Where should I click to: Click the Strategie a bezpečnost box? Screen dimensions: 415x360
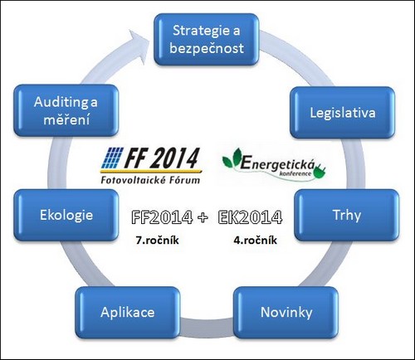[207, 40]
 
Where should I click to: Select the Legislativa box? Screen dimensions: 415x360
[343, 113]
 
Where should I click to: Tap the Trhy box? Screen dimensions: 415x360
[347, 215]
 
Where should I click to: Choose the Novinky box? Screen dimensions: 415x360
[286, 313]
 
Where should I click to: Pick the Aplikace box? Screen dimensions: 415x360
[128, 313]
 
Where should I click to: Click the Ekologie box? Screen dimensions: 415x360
[66, 215]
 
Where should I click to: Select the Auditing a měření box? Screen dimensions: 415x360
[66, 110]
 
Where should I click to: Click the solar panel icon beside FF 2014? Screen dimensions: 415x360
[111, 158]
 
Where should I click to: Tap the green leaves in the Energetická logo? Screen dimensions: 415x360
[232, 158]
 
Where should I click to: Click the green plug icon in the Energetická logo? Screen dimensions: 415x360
[320, 171]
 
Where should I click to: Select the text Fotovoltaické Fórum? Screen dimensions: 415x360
[150, 180]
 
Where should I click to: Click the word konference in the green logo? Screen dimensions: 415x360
[295, 173]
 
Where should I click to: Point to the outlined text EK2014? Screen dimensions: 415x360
[250, 217]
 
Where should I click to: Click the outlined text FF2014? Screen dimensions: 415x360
[162, 217]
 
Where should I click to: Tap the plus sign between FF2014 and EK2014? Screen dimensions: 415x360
[203, 217]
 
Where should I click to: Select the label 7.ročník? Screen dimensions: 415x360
[157, 240]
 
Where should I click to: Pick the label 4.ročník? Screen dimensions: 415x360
[255, 240]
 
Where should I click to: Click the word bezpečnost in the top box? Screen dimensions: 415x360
[207, 48]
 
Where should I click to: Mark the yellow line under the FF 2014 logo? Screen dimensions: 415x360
[151, 172]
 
